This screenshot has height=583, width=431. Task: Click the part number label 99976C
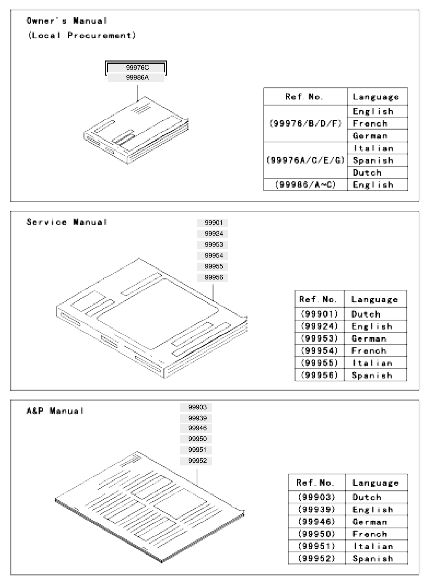pyautogui.click(x=137, y=68)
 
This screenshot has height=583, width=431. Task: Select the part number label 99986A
pyautogui.click(x=137, y=77)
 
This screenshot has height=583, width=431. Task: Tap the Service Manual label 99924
pyautogui.click(x=213, y=234)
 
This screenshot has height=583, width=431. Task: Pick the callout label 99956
pyautogui.click(x=213, y=277)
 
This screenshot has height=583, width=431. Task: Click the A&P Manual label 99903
pyautogui.click(x=197, y=407)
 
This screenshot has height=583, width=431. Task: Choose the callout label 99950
pyautogui.click(x=197, y=439)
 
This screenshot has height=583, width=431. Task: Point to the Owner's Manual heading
pyautogui.click(x=67, y=21)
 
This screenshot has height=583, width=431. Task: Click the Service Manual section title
pyautogui.click(x=67, y=222)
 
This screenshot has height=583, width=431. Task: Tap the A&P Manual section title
pyautogui.click(x=55, y=410)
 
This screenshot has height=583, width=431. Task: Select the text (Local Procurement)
pyautogui.click(x=81, y=35)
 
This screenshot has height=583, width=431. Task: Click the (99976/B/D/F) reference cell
pyautogui.click(x=305, y=123)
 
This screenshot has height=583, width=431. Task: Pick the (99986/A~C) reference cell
pyautogui.click(x=305, y=184)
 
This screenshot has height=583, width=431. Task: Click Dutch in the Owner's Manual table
pyautogui.click(x=367, y=173)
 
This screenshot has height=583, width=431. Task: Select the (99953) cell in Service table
pyautogui.click(x=319, y=338)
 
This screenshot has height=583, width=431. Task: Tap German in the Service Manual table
pyautogui.click(x=369, y=338)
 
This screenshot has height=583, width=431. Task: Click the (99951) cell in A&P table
pyautogui.click(x=316, y=546)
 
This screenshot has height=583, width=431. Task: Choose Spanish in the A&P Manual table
pyautogui.click(x=373, y=559)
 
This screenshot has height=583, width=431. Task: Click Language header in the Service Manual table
pyautogui.click(x=374, y=300)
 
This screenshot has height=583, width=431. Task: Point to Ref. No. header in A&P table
pyautogui.click(x=315, y=483)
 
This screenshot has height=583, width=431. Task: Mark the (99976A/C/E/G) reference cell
pyautogui.click(x=305, y=160)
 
